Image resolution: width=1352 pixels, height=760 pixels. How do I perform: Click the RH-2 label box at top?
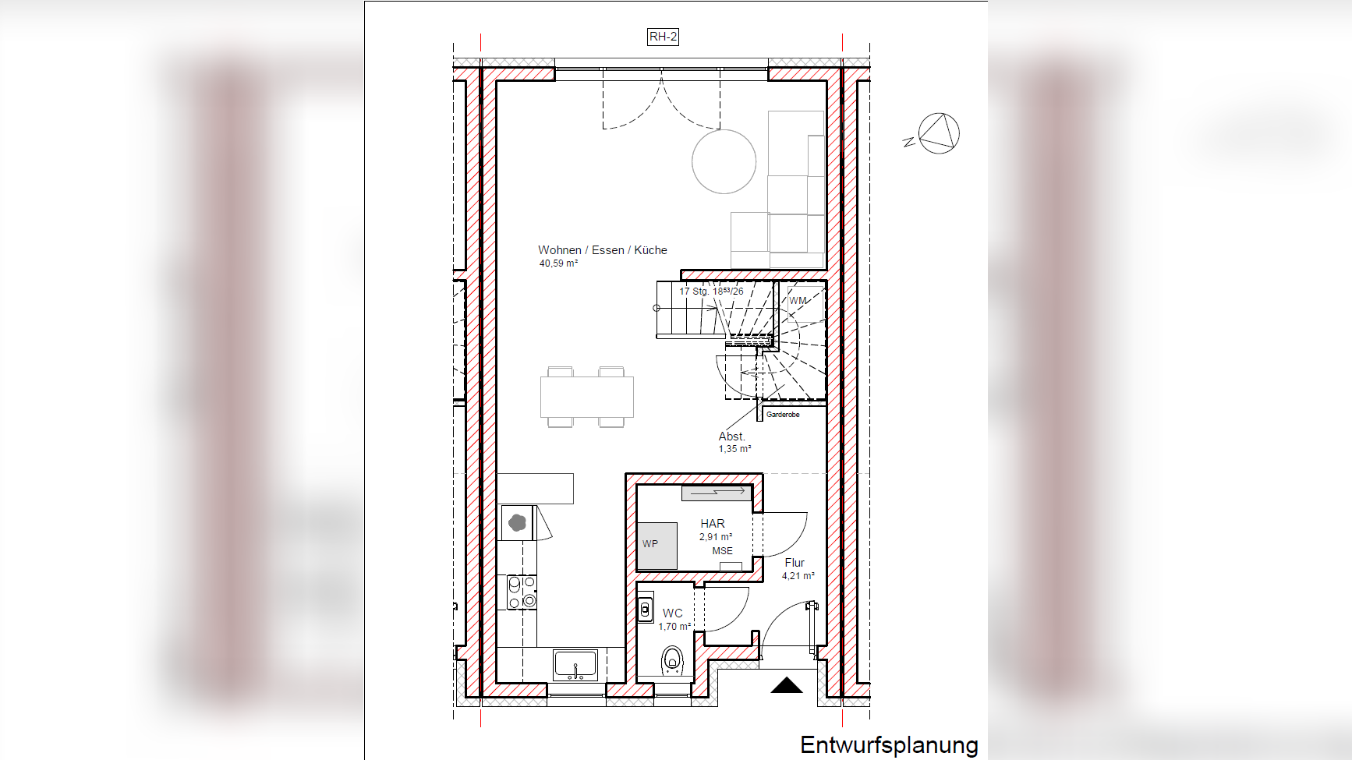[x=663, y=37]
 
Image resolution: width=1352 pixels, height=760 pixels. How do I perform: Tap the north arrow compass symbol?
[x=938, y=133]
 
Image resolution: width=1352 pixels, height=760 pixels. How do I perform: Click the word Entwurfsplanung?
[x=888, y=744]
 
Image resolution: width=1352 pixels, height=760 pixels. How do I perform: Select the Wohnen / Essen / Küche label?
[x=602, y=250]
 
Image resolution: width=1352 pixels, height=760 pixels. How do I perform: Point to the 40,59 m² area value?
[x=558, y=263]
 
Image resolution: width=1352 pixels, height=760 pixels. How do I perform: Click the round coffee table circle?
[x=724, y=161]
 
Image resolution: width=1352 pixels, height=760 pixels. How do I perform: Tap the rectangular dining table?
[x=586, y=397]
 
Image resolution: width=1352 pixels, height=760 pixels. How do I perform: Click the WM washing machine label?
[x=798, y=301]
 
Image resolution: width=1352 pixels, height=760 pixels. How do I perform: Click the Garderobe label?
[x=783, y=415]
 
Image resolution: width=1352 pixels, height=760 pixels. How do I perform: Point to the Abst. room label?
[x=731, y=437]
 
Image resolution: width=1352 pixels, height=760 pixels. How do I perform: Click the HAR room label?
[x=712, y=524]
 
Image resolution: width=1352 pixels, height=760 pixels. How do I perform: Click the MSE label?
[x=722, y=551]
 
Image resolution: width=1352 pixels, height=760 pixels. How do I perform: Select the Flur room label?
[x=795, y=563]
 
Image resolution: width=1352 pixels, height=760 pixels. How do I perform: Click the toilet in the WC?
[x=672, y=661]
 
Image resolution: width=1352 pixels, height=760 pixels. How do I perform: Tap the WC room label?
[x=672, y=613]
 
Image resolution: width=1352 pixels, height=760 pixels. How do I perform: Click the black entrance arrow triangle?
[x=787, y=685]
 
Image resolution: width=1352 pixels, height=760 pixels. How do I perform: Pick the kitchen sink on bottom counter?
[x=575, y=665]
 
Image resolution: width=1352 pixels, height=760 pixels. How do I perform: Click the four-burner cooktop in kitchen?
[x=522, y=592]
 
